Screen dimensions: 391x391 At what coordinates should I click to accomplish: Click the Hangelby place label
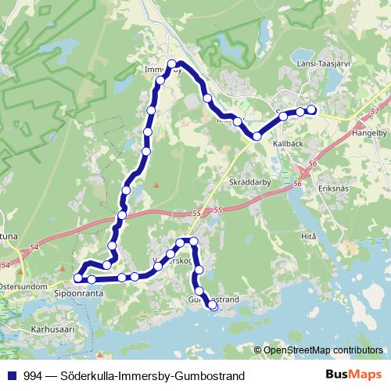point(371,134)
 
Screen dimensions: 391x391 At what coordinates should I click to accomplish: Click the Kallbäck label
point(288,145)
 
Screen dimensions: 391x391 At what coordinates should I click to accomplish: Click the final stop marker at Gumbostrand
point(213,307)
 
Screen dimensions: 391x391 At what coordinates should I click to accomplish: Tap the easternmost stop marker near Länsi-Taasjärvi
point(312,109)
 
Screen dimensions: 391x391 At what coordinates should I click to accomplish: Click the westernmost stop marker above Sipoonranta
point(77,278)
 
